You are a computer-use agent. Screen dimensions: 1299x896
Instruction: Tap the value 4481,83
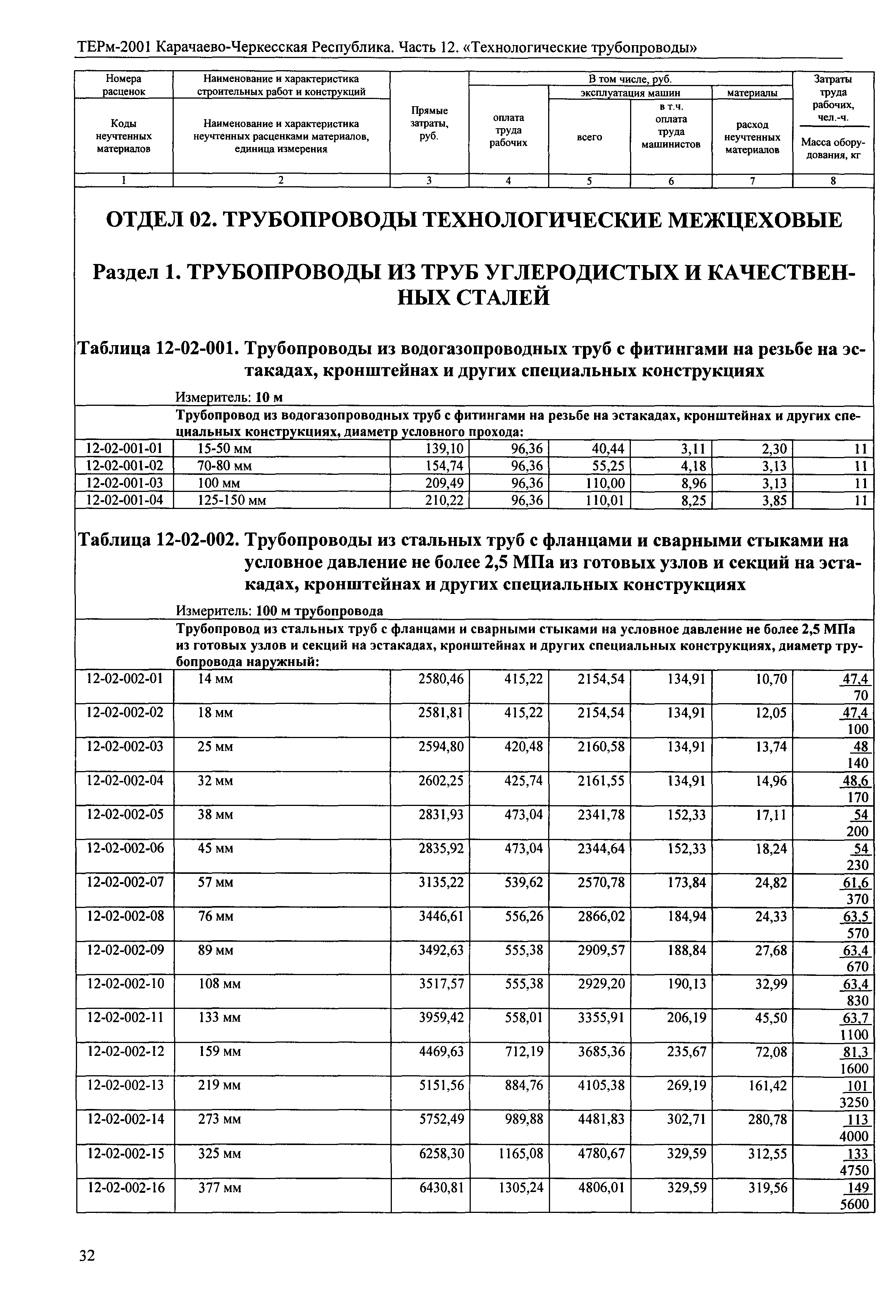[x=601, y=1119]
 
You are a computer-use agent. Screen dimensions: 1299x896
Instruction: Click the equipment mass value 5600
[x=854, y=1204]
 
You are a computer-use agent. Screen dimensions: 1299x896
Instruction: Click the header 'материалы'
[x=752, y=93]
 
